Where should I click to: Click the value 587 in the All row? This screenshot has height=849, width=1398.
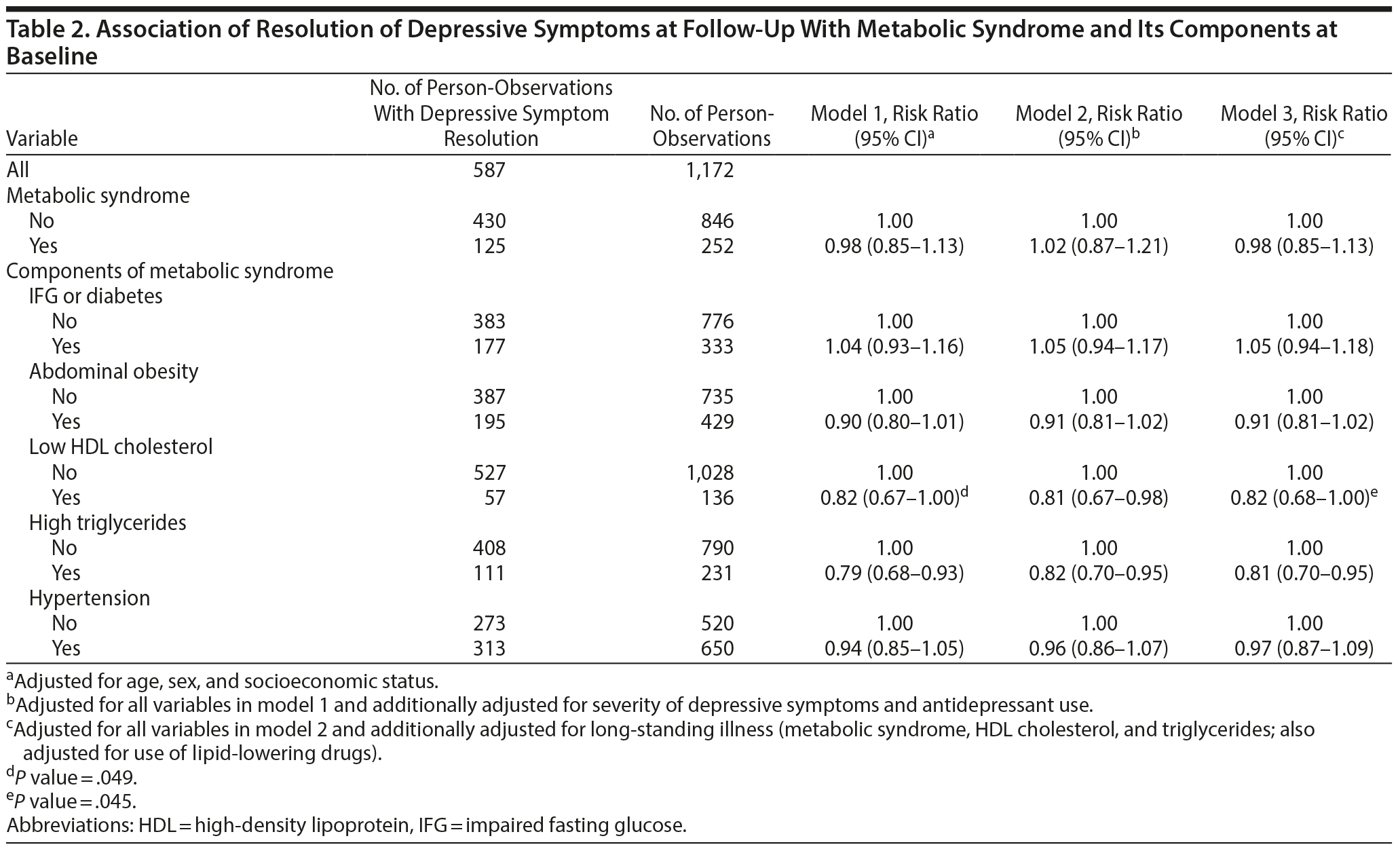pos(490,170)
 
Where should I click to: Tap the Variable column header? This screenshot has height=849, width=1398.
pos(42,138)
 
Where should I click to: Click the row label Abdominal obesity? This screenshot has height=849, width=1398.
pos(113,371)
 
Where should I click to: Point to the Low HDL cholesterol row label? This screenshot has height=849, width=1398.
pos(120,447)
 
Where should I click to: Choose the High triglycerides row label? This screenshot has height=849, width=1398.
pos(107,523)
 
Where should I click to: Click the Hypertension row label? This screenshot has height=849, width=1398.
pos(89,598)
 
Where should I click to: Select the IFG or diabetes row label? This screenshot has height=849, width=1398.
pos(96,296)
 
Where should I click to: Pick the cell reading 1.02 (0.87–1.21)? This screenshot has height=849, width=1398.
pos(1099,246)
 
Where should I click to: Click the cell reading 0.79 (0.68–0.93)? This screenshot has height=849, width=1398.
pos(894,573)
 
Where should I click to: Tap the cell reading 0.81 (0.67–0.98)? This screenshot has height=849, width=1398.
pos(1099,497)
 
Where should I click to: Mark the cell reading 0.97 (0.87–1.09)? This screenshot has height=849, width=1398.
pos(1304,649)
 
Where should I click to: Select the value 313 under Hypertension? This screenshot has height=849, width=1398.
pos(490,649)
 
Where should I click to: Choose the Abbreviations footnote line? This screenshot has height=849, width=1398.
pos(346,826)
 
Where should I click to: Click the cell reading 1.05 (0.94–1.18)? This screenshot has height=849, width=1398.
pos(1304,347)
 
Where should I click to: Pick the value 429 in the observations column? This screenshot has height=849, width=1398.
pos(718,422)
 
